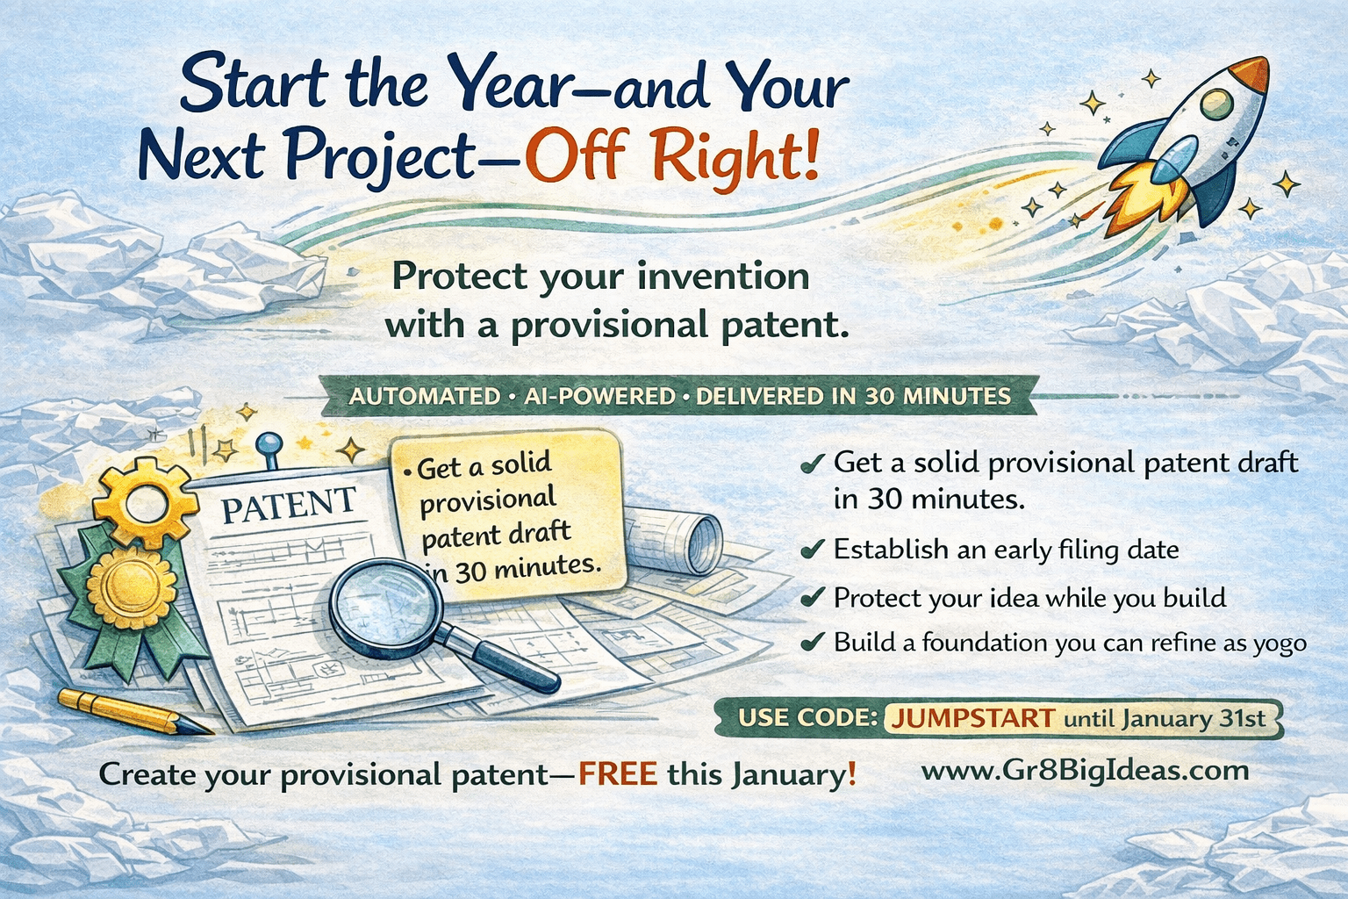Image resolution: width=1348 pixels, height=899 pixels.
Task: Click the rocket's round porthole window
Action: (1216, 104)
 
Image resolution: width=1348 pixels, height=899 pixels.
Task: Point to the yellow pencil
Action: (132, 710)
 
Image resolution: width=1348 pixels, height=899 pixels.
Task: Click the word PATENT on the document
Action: (288, 505)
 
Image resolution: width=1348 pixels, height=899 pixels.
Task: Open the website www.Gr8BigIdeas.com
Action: (1085, 771)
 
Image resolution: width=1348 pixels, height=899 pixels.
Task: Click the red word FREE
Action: (617, 774)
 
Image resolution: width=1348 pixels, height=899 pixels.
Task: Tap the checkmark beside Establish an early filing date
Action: (813, 550)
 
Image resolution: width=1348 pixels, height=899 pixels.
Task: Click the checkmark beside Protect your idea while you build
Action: (813, 598)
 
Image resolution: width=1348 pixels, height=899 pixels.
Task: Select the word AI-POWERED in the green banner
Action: (599, 396)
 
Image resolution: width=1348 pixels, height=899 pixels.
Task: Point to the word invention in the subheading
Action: (723, 277)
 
